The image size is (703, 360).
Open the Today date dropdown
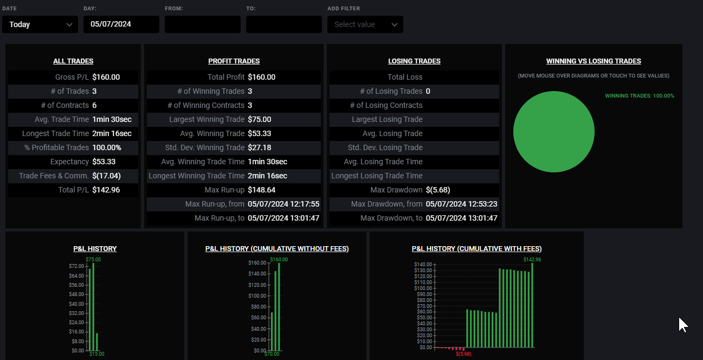coord(40,24)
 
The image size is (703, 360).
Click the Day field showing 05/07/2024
coord(121,24)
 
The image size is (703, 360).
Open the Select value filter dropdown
coord(365,24)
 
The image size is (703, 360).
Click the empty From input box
coord(202,24)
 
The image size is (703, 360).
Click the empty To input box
coord(283,24)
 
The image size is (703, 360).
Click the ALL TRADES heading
coord(73,61)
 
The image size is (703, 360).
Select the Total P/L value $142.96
coord(106,190)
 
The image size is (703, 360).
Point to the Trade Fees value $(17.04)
coord(106,176)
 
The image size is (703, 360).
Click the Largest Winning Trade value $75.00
coord(260,119)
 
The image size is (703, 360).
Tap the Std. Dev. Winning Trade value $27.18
coord(260,147)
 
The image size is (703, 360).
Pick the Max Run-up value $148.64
coord(261,190)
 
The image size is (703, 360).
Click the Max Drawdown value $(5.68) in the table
coord(438,190)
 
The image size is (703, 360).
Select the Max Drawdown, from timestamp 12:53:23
coord(461,204)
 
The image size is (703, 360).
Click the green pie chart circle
coord(553,132)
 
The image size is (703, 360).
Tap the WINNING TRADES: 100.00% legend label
coord(639,96)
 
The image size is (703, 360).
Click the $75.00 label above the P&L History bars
coord(93,260)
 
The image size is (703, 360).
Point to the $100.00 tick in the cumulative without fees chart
coord(257,296)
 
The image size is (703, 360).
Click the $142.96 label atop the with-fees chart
coord(532,260)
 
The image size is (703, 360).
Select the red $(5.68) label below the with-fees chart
coord(463,354)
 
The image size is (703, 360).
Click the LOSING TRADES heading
coord(414,61)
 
